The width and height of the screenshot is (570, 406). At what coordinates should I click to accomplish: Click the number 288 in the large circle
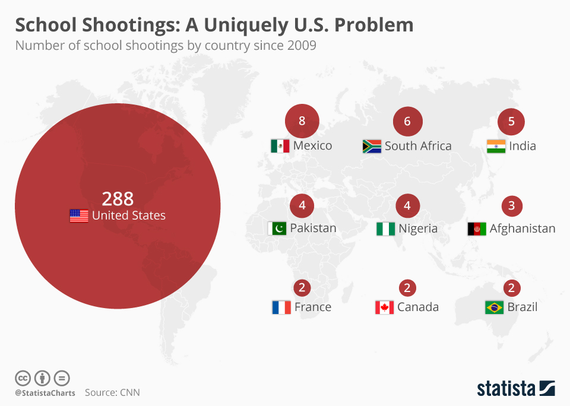click(x=118, y=198)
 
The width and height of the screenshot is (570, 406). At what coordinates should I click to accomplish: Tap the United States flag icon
click(x=79, y=215)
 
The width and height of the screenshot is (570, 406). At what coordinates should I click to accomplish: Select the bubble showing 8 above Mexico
click(x=302, y=122)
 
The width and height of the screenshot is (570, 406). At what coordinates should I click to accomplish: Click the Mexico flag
click(x=280, y=146)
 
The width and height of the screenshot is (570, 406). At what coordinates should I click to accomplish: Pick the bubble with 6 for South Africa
click(x=407, y=122)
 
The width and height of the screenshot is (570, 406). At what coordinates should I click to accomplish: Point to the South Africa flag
click(x=372, y=146)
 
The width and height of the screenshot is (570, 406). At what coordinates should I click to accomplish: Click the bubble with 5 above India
click(x=511, y=122)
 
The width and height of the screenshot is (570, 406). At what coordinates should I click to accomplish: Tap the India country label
click(x=522, y=146)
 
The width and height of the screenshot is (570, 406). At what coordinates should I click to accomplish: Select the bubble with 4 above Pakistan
click(x=302, y=205)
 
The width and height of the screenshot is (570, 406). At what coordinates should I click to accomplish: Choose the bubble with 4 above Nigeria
click(x=407, y=205)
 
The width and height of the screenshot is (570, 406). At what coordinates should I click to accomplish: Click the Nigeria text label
click(x=418, y=229)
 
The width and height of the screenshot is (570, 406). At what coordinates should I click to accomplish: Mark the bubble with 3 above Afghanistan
click(x=511, y=205)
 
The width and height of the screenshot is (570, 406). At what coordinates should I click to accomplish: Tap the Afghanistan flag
click(x=477, y=229)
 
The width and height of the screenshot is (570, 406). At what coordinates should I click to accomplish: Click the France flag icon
click(x=281, y=307)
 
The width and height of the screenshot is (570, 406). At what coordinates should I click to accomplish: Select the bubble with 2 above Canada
click(x=407, y=288)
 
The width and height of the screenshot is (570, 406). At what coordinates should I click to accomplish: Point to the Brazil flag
click(x=494, y=307)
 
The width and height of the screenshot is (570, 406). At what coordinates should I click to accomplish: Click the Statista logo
click(x=515, y=389)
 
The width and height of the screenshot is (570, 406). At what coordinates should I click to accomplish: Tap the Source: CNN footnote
click(x=112, y=392)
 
